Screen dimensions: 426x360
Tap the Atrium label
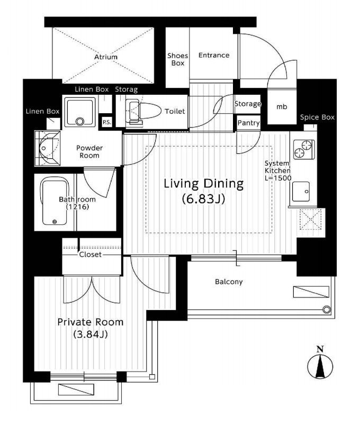[x=106, y=57]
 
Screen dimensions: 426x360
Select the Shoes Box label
[x=177, y=59]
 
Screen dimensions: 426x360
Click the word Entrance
[x=214, y=55]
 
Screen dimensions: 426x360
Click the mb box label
[x=282, y=106]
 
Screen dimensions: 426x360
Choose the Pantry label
[x=248, y=123]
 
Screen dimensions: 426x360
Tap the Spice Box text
[x=317, y=117]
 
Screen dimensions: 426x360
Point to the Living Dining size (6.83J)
[x=203, y=200]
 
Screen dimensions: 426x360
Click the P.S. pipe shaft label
[x=106, y=122]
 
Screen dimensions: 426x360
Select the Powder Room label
[x=89, y=152]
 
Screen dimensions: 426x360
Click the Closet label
[x=91, y=254]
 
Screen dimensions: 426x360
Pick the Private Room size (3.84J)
[x=91, y=334]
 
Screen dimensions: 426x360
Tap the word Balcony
[x=229, y=282]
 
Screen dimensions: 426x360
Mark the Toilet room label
[x=175, y=112]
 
